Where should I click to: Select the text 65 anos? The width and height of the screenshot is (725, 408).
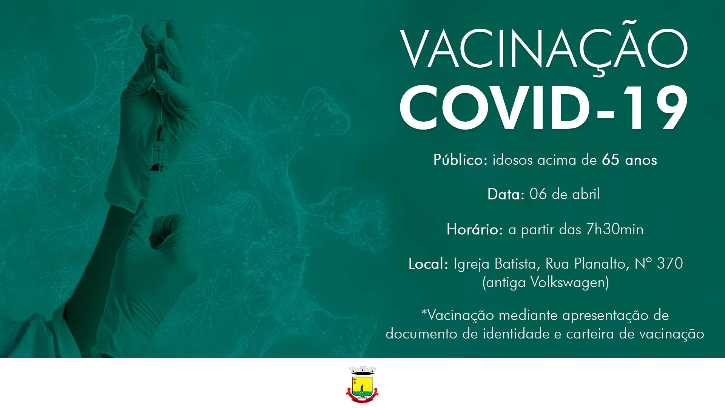[629, 160]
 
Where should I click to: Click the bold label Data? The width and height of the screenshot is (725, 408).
[506, 195]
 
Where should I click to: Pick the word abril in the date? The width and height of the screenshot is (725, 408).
[586, 194]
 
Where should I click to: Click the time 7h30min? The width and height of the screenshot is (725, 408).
[614, 229]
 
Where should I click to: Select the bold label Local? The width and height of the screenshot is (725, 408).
[428, 264]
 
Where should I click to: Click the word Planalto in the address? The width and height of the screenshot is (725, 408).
[602, 264]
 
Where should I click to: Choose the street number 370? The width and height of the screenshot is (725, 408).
[670, 264]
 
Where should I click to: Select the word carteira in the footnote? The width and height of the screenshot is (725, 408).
[590, 334]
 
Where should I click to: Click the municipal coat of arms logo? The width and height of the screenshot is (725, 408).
[362, 385]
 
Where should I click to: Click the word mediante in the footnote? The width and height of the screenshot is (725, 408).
[528, 315]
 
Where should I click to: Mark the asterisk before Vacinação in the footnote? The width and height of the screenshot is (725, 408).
[424, 312]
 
